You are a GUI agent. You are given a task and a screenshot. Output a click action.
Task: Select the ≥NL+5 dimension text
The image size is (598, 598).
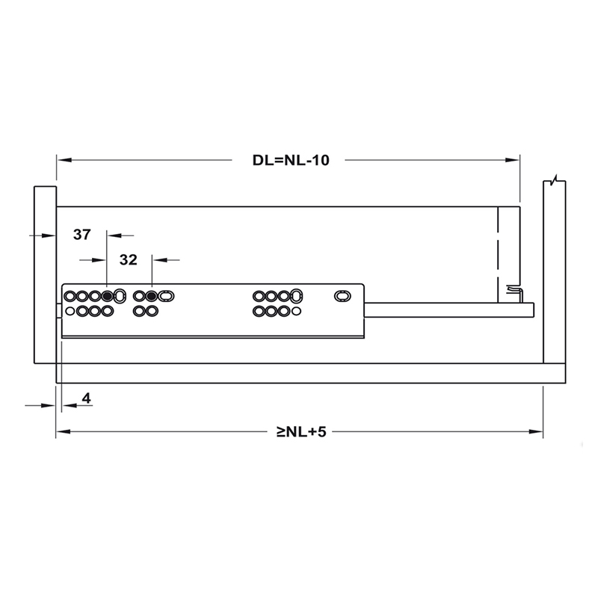click(301, 432)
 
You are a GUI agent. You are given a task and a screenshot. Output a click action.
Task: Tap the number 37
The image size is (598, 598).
click(82, 235)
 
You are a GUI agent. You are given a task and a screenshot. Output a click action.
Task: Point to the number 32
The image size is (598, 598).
click(128, 260)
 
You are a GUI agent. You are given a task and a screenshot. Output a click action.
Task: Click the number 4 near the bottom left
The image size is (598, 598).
click(87, 398)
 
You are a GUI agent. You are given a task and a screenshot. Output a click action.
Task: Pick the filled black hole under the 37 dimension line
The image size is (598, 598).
click(108, 297)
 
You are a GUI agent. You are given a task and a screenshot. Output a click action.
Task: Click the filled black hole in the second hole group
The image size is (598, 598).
click(152, 297)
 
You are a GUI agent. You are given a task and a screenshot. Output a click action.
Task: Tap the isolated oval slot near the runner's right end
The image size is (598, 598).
click(341, 297)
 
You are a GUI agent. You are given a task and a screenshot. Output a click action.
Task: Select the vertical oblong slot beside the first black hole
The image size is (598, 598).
click(120, 298)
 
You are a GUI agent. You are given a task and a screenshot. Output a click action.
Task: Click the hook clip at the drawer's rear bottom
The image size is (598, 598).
click(514, 292)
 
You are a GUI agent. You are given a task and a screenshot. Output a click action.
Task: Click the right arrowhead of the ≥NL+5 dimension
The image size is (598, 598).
click(537, 432)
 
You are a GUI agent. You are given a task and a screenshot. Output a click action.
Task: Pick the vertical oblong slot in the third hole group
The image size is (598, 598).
click(297, 297)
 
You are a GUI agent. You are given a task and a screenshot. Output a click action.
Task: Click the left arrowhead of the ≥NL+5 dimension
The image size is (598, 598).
click(61, 432)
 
